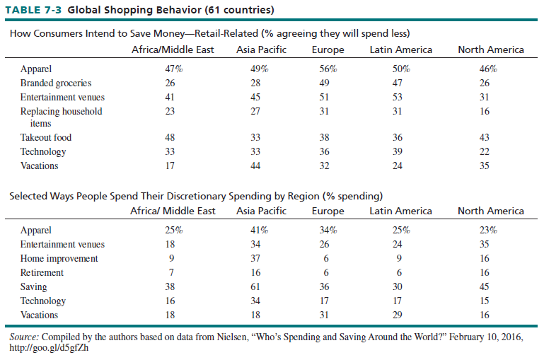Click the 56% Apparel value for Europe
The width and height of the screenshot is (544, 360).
click(328, 69)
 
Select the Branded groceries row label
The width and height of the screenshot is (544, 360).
click(56, 83)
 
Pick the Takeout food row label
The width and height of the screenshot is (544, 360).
click(46, 137)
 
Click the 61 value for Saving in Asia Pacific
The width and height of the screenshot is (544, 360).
click(261, 286)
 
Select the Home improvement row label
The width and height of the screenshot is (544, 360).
click(59, 258)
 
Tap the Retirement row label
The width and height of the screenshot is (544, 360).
click(42, 272)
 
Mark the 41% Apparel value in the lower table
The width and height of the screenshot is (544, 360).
click(261, 230)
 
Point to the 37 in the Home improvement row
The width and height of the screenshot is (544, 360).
click(261, 258)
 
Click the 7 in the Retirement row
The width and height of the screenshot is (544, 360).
click(170, 272)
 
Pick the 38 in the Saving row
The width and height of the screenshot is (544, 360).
click(170, 286)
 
